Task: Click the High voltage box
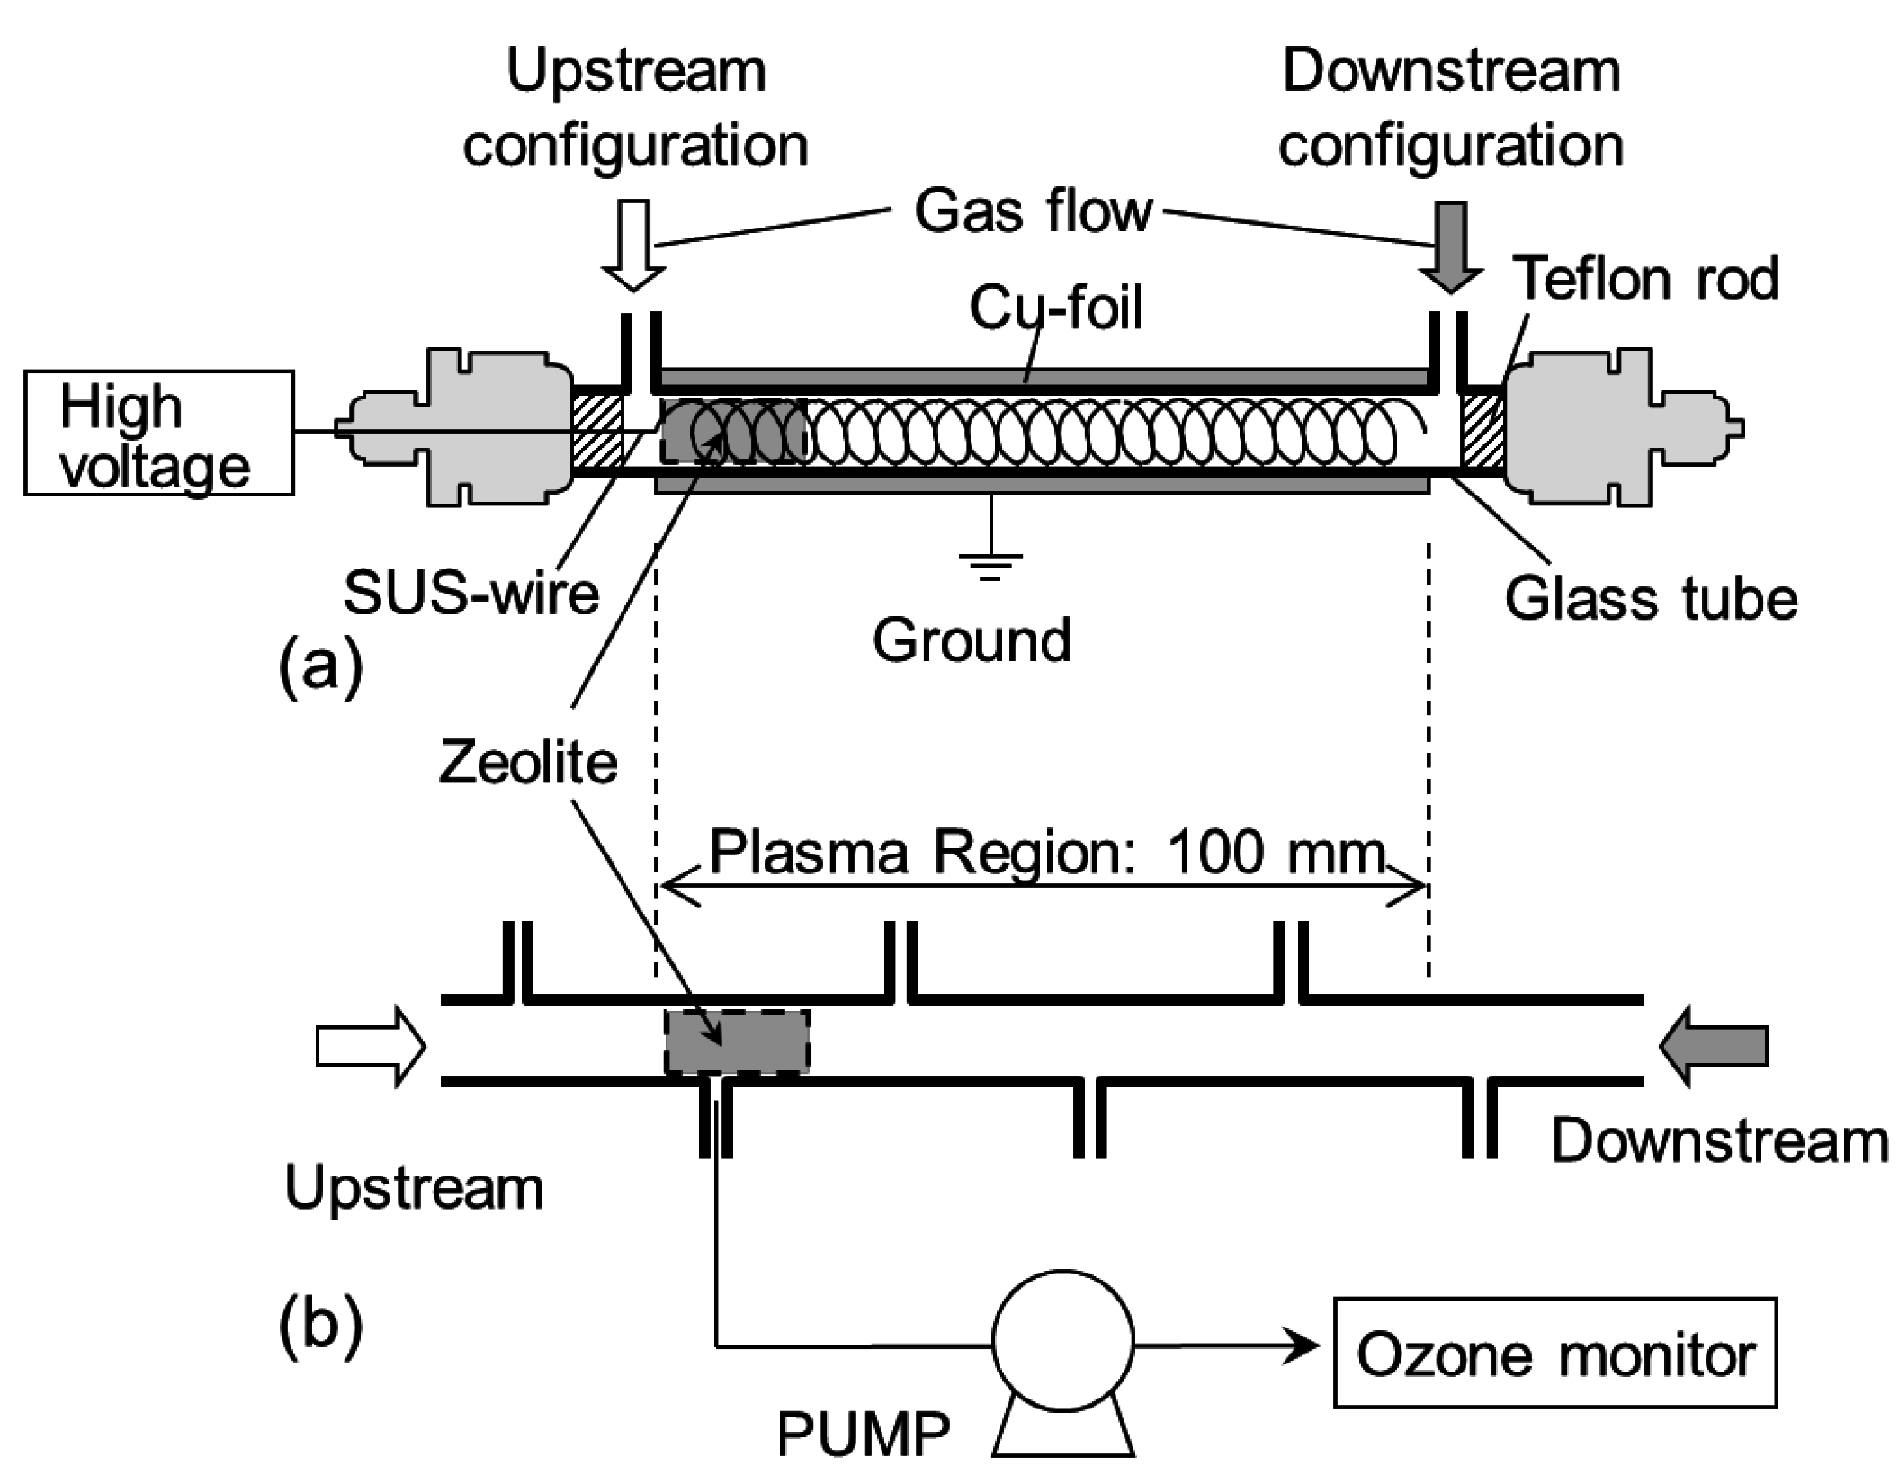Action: [x=158, y=434]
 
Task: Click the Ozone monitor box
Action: [x=1554, y=1352]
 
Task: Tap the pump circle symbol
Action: [x=1062, y=1341]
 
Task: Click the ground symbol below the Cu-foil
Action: [x=990, y=562]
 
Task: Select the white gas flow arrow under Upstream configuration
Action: [x=633, y=246]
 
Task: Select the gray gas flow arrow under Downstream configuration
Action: [x=1451, y=246]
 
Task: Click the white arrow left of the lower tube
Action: [x=369, y=1047]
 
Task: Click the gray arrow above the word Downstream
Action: [x=1715, y=1047]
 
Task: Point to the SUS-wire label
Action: [x=471, y=594]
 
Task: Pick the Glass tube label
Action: [x=1651, y=599]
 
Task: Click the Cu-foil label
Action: [x=1056, y=308]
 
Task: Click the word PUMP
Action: [x=863, y=1434]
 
